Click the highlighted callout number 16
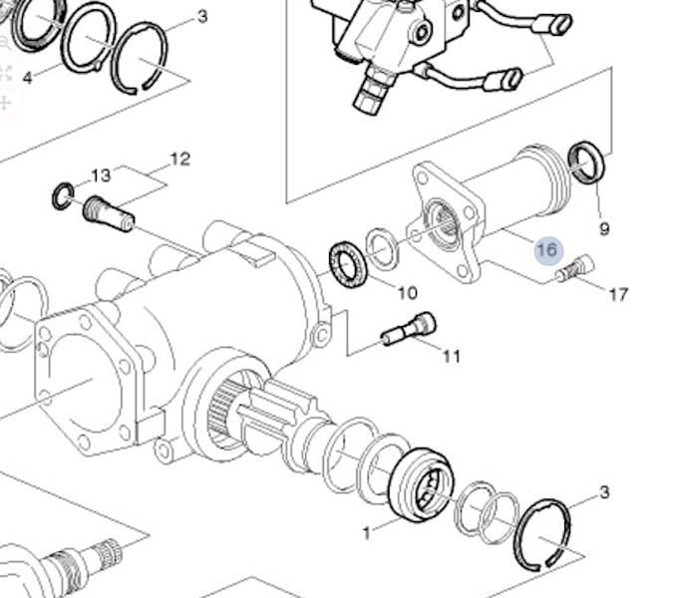click(x=548, y=250)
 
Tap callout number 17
click(x=618, y=294)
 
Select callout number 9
click(x=604, y=229)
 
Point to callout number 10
click(x=407, y=292)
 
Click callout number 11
click(x=452, y=356)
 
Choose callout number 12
click(x=180, y=159)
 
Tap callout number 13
click(x=101, y=175)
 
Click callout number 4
click(x=27, y=78)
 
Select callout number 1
click(x=367, y=533)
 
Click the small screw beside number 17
click(x=575, y=268)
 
